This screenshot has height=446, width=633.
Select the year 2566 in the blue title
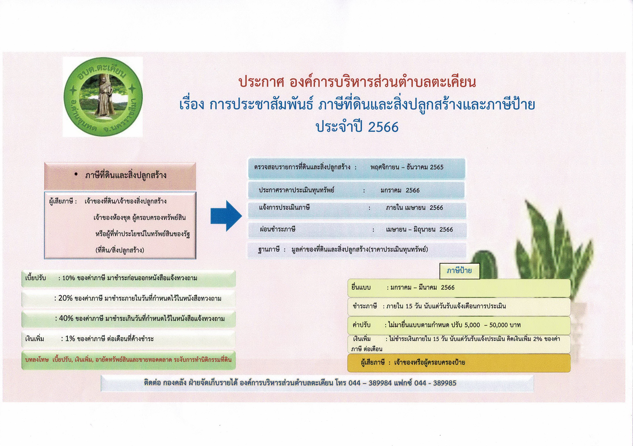[x=383, y=127]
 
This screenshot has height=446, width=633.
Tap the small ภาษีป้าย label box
[x=459, y=271]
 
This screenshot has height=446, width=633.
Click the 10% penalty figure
[x=68, y=278]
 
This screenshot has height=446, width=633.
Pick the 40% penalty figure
[x=66, y=318]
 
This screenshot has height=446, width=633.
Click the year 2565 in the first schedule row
[x=437, y=167]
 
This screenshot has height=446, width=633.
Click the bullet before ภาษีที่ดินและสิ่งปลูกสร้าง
[x=76, y=174]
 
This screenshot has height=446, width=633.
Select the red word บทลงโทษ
[x=37, y=360]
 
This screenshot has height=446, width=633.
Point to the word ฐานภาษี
[x=269, y=250]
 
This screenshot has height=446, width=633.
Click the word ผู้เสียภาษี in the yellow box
[x=373, y=362]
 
